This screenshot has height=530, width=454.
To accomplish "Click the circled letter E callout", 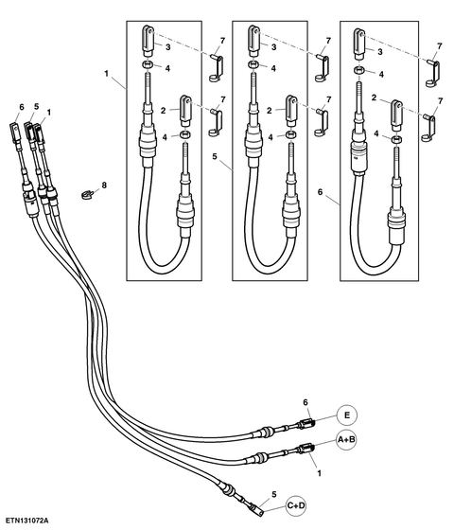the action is point(347,415).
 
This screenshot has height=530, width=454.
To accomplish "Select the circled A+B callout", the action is point(346,440).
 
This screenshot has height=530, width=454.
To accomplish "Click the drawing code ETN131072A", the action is point(26,520).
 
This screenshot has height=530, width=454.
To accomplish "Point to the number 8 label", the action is point(104,185).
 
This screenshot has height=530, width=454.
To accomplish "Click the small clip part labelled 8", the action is point(87,195).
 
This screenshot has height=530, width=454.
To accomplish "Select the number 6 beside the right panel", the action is point(321,192).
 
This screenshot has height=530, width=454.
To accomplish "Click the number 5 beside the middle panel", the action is point(215,156).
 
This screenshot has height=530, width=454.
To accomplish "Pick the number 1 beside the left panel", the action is point(106,74).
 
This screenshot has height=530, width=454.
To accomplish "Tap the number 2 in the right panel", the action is point(374,97).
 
